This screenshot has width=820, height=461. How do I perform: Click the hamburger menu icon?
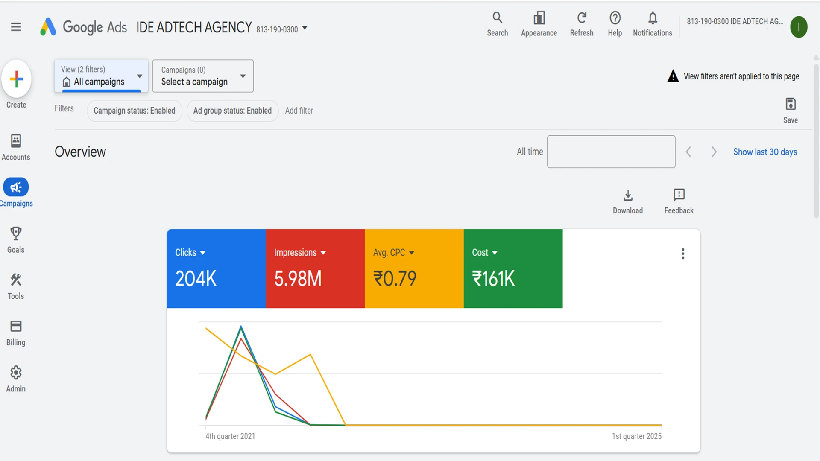[x=16, y=27]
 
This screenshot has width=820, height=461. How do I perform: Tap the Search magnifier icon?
[x=497, y=18]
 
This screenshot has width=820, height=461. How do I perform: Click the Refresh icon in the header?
[x=581, y=18]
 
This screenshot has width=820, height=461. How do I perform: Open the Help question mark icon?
[x=615, y=18]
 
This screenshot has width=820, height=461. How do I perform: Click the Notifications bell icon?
[x=652, y=18]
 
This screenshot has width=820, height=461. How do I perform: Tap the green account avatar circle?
[x=798, y=27]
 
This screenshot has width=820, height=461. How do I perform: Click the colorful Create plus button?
[x=16, y=79]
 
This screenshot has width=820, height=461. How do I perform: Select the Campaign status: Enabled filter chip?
[x=135, y=111]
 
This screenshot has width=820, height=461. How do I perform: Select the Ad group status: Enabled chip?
[x=232, y=111]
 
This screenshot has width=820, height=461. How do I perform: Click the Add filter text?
[x=299, y=111]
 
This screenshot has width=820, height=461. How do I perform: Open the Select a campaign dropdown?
[x=203, y=76]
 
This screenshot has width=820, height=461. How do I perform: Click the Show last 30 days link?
[x=765, y=152]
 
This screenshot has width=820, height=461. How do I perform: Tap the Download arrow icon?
[x=628, y=195]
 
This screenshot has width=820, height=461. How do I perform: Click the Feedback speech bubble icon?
[x=679, y=195]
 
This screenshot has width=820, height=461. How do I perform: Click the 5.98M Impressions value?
[x=298, y=279]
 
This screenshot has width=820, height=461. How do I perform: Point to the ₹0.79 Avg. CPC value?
[x=395, y=279]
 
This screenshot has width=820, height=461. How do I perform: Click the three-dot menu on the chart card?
[x=683, y=254]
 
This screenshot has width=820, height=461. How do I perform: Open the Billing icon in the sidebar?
[x=16, y=326]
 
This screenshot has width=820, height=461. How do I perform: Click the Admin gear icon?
[x=16, y=373]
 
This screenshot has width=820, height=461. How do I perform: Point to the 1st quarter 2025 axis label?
[x=636, y=436]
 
